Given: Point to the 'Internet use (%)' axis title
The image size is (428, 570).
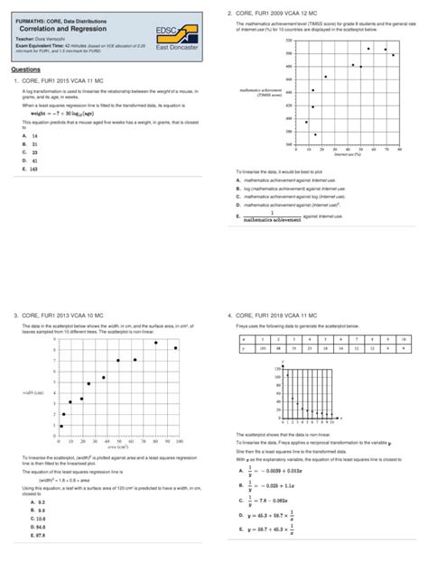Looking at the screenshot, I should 347,154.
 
